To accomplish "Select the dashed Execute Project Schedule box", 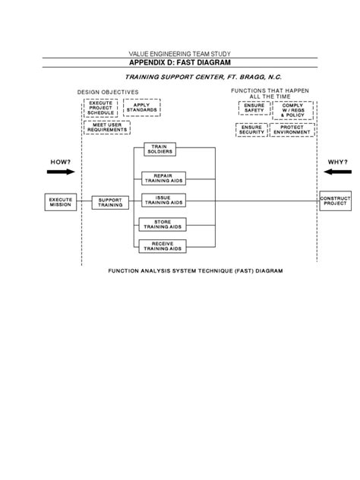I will pyautogui.click(x=100, y=107).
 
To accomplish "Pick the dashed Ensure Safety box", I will pyautogui.click(x=254, y=109).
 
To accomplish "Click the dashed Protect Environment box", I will pyautogui.click(x=292, y=129).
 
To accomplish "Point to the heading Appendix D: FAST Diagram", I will pyautogui.click(x=180, y=63).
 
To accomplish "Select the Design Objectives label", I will pyautogui.click(x=108, y=92).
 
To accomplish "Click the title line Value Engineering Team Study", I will pyautogui.click(x=180, y=53).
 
